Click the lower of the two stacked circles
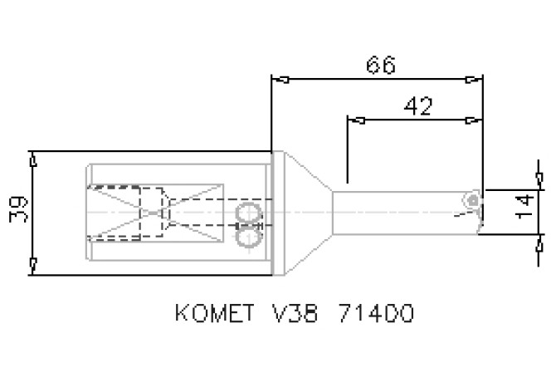(248, 237)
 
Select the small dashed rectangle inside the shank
(151, 213)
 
